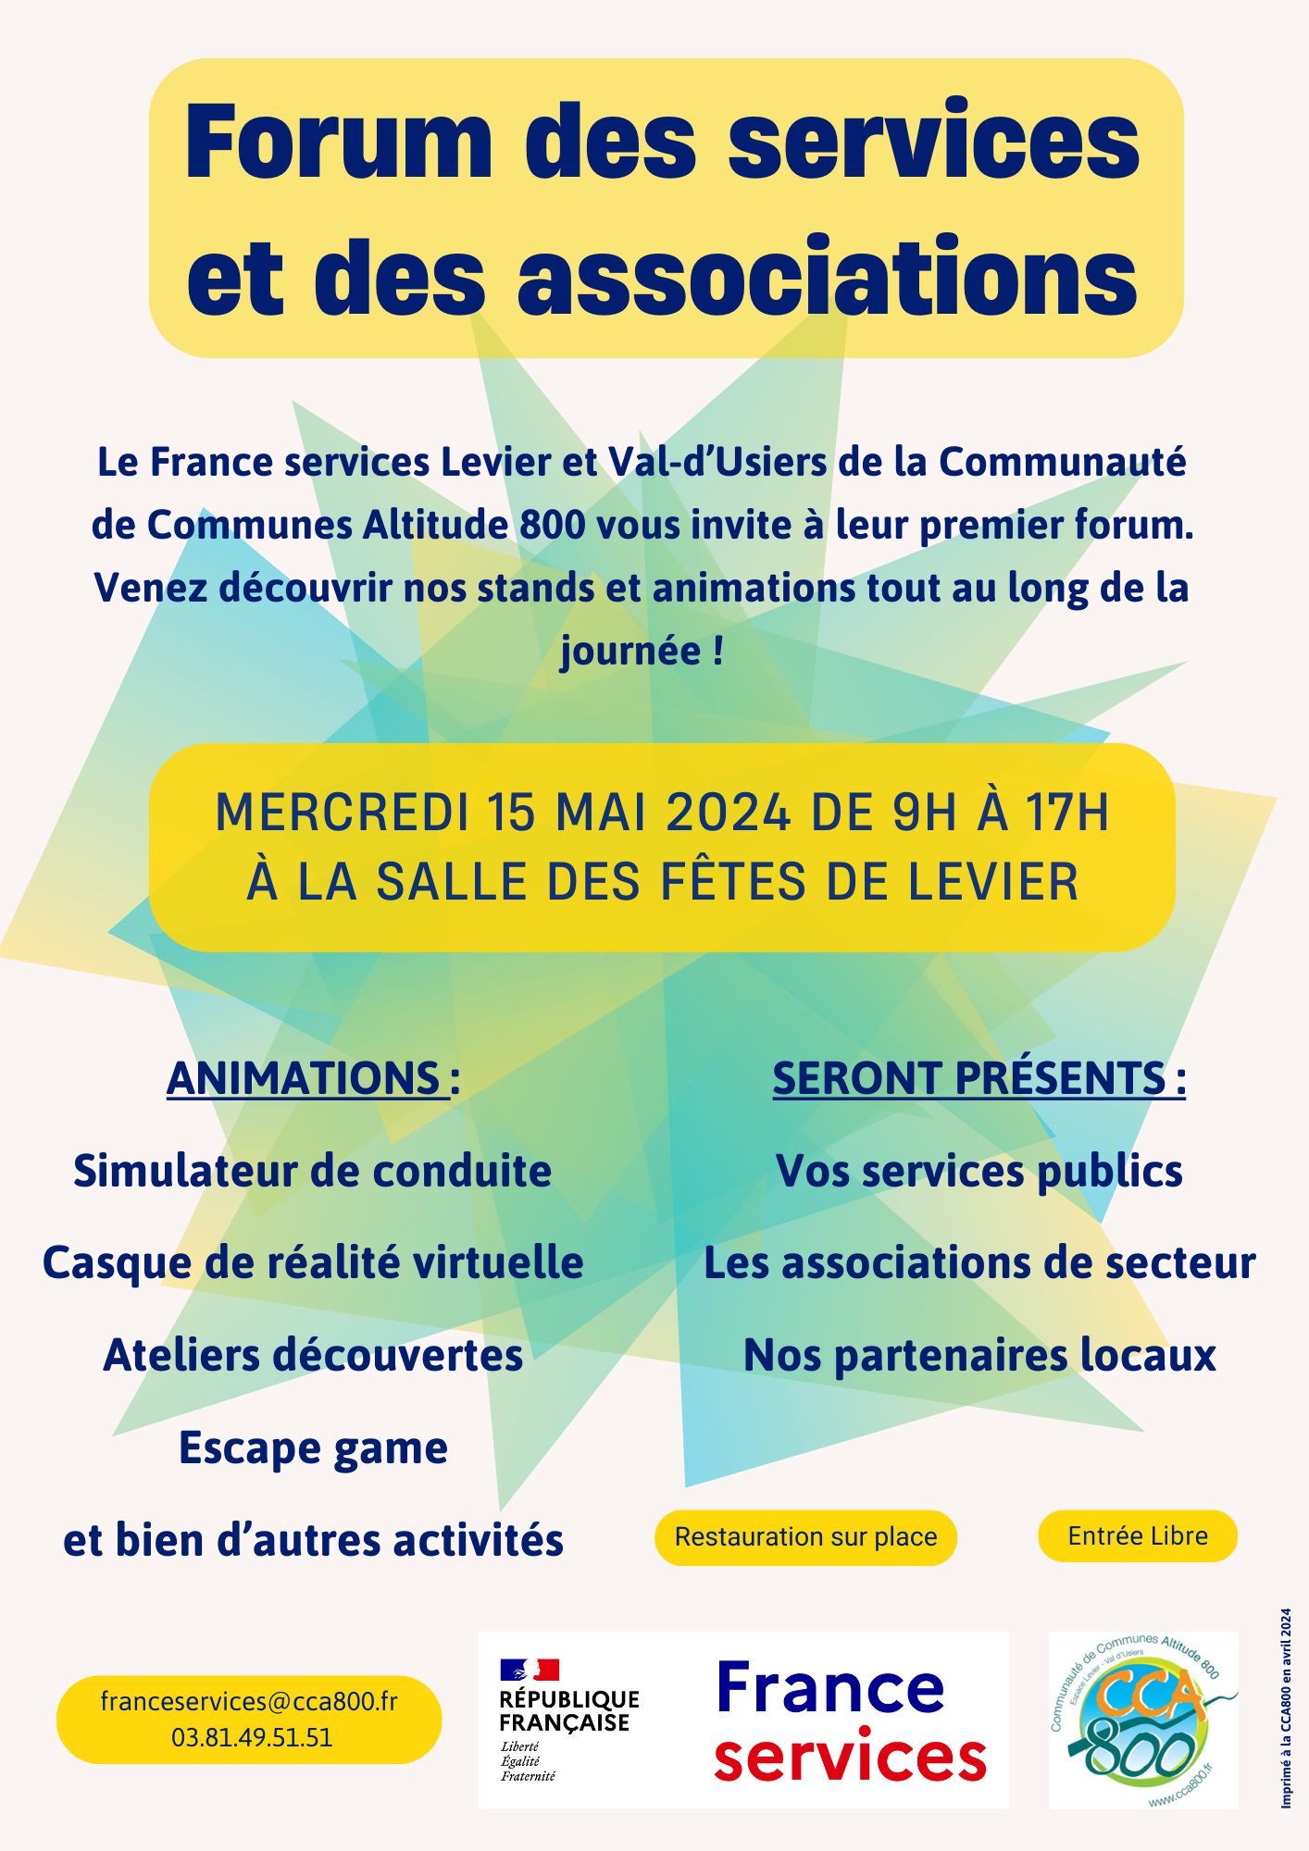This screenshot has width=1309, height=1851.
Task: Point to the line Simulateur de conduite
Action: coord(313,1171)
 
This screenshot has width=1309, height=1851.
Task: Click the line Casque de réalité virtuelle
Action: coord(313,1263)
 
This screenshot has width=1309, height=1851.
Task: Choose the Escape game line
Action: coord(313,1448)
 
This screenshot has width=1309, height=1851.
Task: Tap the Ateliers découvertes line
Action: coord(313,1356)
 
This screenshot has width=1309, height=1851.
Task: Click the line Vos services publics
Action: coord(979,1171)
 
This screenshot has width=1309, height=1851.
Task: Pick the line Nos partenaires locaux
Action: coord(979,1356)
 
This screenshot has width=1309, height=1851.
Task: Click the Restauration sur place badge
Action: coord(805,1537)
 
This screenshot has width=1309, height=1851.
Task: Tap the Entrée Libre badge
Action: coord(1138,1536)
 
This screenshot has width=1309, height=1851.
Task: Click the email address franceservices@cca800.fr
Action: coord(249,1702)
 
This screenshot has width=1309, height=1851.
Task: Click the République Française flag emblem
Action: coord(530,1670)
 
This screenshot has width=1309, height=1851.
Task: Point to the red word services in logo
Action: coord(850,1758)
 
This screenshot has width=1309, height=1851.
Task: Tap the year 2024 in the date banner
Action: coord(728,814)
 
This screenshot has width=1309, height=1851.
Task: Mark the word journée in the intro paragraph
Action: coord(630,651)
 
